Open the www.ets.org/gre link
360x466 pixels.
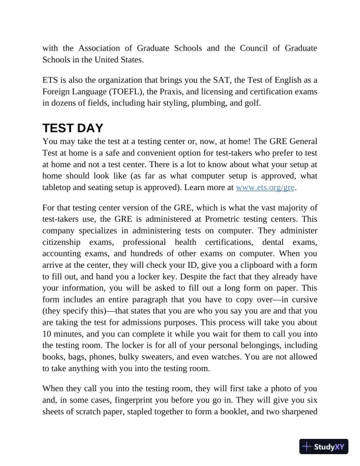pyautogui.click(x=265, y=187)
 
